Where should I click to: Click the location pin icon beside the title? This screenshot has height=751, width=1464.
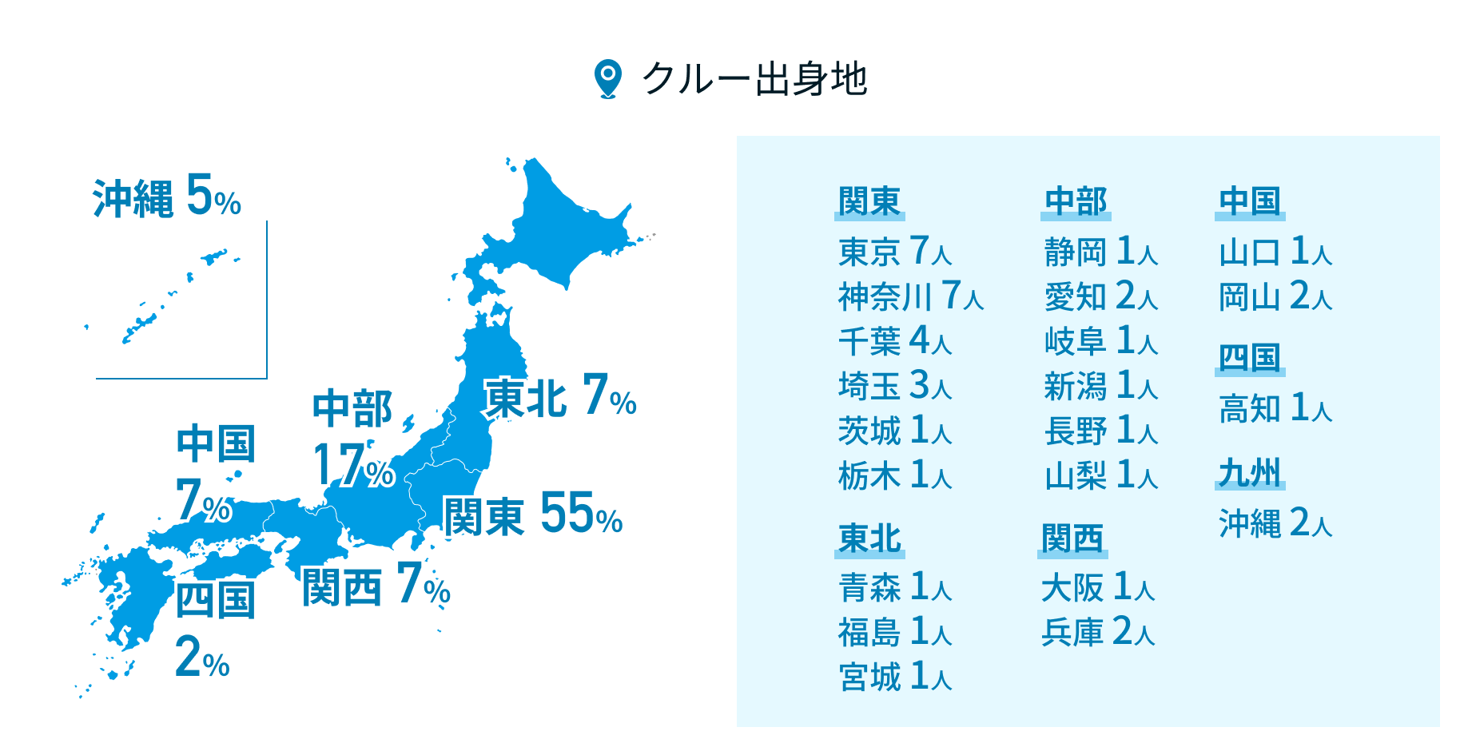(608, 79)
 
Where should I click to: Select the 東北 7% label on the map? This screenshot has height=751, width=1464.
(559, 396)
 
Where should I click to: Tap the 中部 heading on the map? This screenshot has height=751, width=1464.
(352, 408)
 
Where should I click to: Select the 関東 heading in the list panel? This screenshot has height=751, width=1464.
(869, 201)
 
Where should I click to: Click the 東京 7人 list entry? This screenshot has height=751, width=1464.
(894, 252)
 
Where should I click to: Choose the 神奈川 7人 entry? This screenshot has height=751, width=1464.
(910, 296)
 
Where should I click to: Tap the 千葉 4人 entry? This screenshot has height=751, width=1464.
(894, 341)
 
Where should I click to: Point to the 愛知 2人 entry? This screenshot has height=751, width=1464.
(1100, 296)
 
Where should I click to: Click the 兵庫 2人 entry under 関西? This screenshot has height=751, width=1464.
(1098, 632)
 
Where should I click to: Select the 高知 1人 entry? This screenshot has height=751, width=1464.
(1275, 408)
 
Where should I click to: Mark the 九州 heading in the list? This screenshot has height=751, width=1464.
(1250, 473)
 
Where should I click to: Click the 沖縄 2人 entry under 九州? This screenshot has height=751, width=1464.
(1275, 523)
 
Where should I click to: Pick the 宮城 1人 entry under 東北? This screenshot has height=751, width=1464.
(894, 677)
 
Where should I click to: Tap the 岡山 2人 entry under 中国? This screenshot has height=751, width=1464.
(1275, 296)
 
